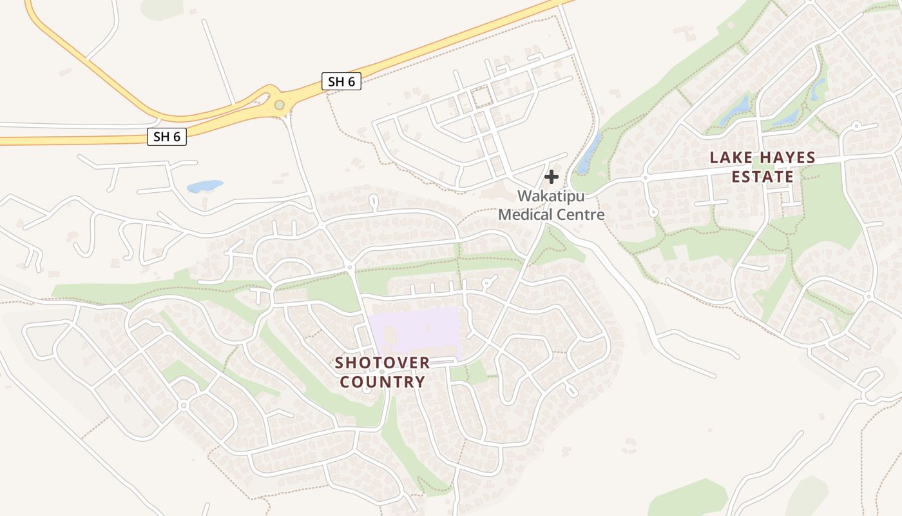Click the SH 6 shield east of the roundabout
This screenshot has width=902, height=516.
point(341,81)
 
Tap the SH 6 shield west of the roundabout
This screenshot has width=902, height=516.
point(167,136)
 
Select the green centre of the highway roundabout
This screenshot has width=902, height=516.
point(279,104)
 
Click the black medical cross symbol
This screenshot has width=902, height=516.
point(552,177)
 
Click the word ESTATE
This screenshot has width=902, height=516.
point(763,177)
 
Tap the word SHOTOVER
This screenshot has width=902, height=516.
point(382,362)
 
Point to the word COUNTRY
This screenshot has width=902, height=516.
point(382,382)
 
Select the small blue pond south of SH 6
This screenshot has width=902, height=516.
point(204,186)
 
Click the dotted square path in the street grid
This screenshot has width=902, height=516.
point(481,98)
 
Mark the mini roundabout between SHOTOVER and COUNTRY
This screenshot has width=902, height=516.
point(382,372)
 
